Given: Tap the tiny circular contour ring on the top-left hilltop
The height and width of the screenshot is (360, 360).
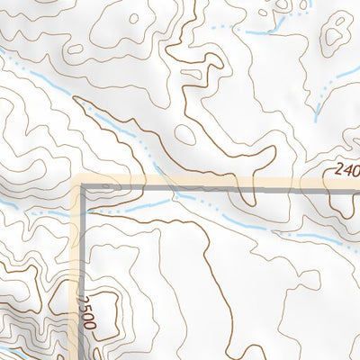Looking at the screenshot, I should click(x=132, y=17).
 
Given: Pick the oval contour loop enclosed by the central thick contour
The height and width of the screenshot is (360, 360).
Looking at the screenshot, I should click(x=185, y=134).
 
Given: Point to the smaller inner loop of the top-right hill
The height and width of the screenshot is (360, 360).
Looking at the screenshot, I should click(x=346, y=16).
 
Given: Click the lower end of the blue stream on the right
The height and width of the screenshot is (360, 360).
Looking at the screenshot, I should click(x=317, y=117).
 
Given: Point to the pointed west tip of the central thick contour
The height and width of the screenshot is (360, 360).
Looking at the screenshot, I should click(x=76, y=100).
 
